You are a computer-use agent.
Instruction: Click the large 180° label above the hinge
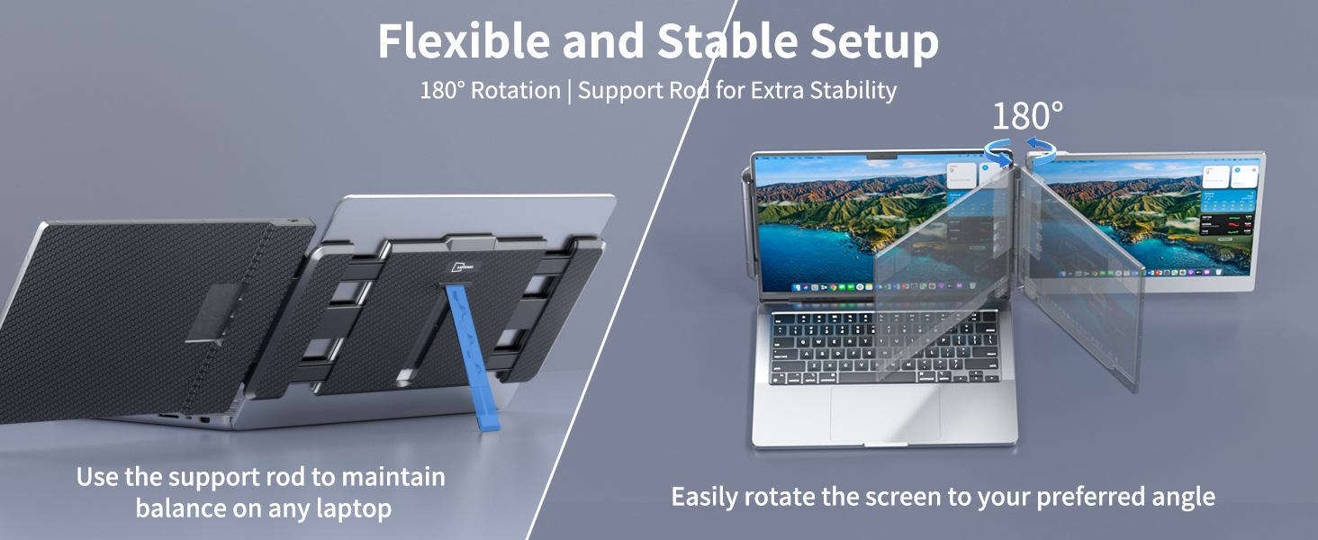coord(1027,116)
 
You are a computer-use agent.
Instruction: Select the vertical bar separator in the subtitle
coord(569,91)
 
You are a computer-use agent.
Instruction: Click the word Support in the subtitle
coord(618,91)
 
